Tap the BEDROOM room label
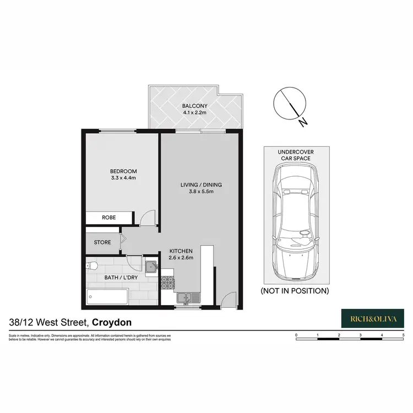(123, 171)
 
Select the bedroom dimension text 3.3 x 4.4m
(123, 178)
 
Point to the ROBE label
(109, 218)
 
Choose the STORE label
(102, 242)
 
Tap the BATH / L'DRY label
(121, 277)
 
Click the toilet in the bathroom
(92, 267)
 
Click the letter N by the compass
(302, 123)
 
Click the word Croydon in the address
(111, 323)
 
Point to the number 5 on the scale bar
(403, 335)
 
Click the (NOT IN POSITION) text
(295, 290)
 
